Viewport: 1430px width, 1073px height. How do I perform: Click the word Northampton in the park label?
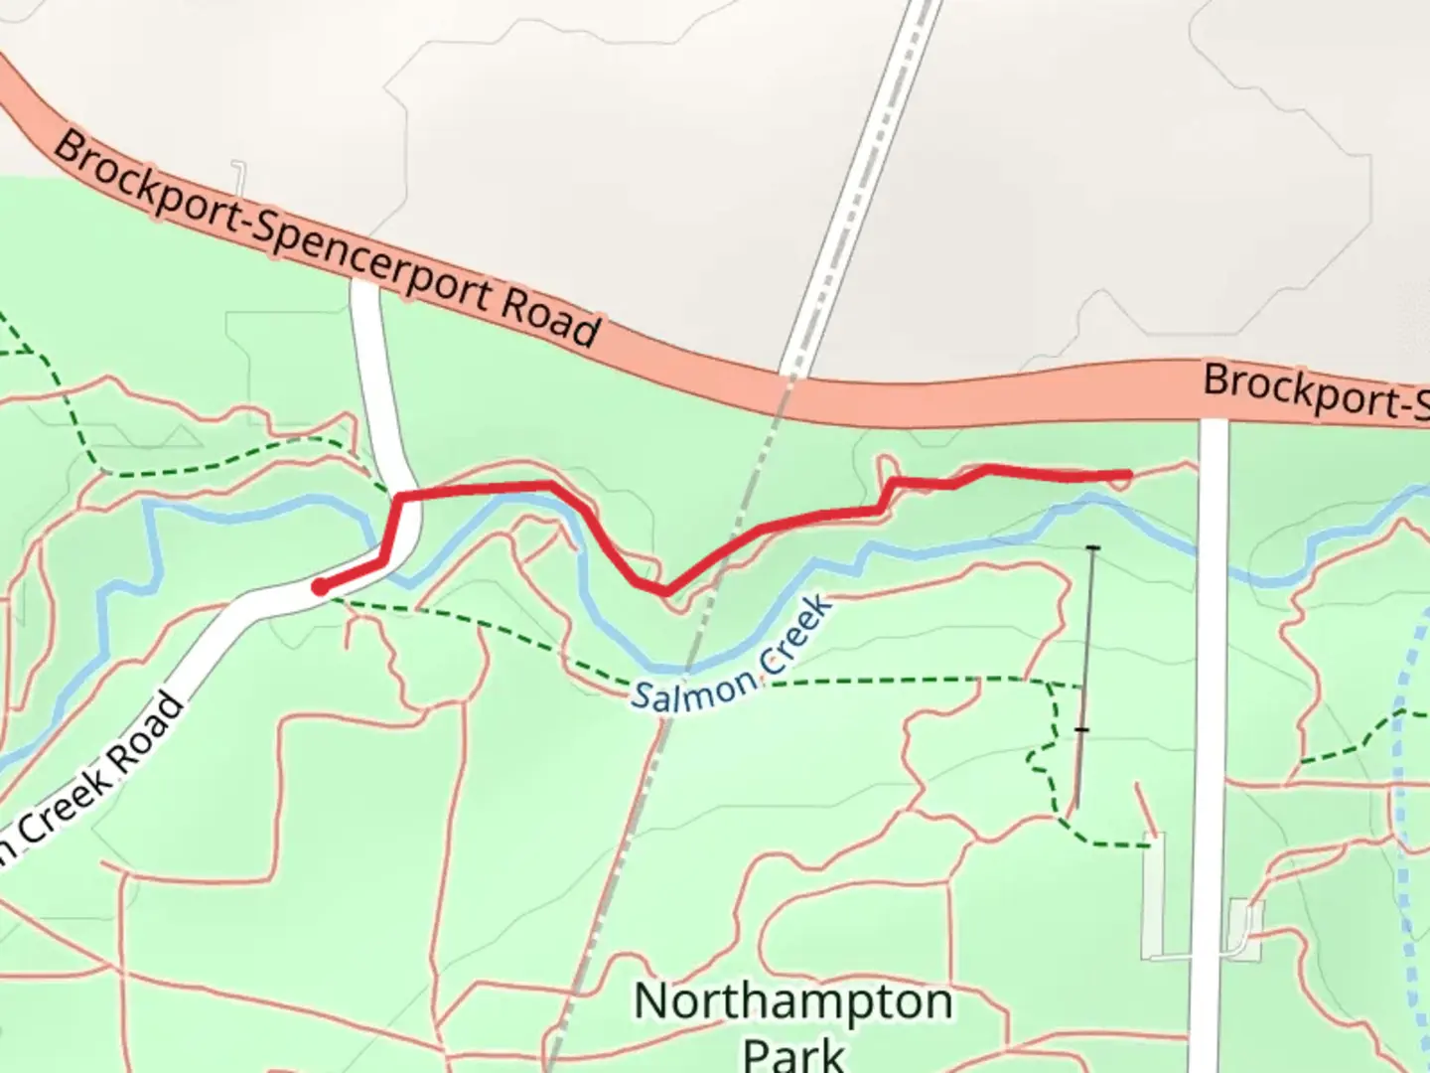[x=792, y=1002]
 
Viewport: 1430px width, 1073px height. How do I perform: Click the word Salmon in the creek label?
[x=695, y=689]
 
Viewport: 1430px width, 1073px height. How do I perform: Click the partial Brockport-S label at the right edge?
[x=1316, y=391]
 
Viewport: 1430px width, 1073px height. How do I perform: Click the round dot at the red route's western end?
[x=320, y=587]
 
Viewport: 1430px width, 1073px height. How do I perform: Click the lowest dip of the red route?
[x=663, y=592]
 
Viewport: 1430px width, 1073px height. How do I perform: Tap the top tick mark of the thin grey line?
[x=1093, y=547]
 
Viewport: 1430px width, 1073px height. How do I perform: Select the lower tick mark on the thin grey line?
[x=1081, y=730]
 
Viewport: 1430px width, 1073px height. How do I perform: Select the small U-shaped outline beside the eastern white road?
[x=1242, y=928]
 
